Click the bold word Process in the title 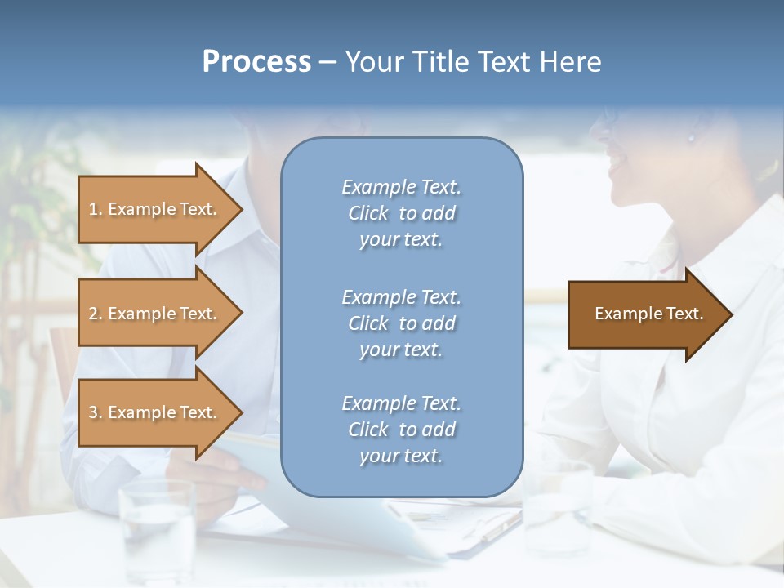(256, 62)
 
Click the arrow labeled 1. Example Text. (155, 209)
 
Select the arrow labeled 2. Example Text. (155, 314)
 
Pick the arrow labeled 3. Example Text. (155, 412)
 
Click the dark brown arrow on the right (645, 314)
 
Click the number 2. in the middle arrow (96, 314)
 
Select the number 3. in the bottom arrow (96, 412)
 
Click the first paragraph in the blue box (401, 213)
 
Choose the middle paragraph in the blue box (401, 323)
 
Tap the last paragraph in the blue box (401, 430)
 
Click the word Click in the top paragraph (368, 213)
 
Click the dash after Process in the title (328, 62)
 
